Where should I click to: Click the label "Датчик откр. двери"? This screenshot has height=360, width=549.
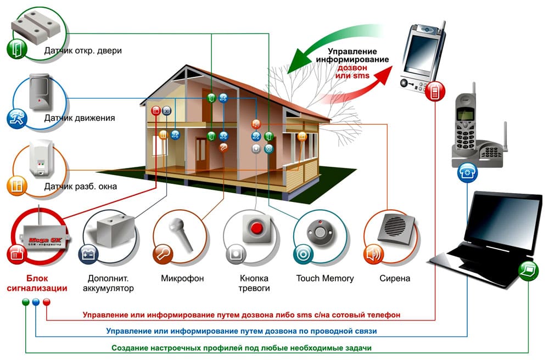point(83,51)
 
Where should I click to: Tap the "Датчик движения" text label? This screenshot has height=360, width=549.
point(80,117)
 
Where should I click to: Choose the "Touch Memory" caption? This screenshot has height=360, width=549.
point(325,278)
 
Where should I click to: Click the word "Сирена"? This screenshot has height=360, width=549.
point(395,278)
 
